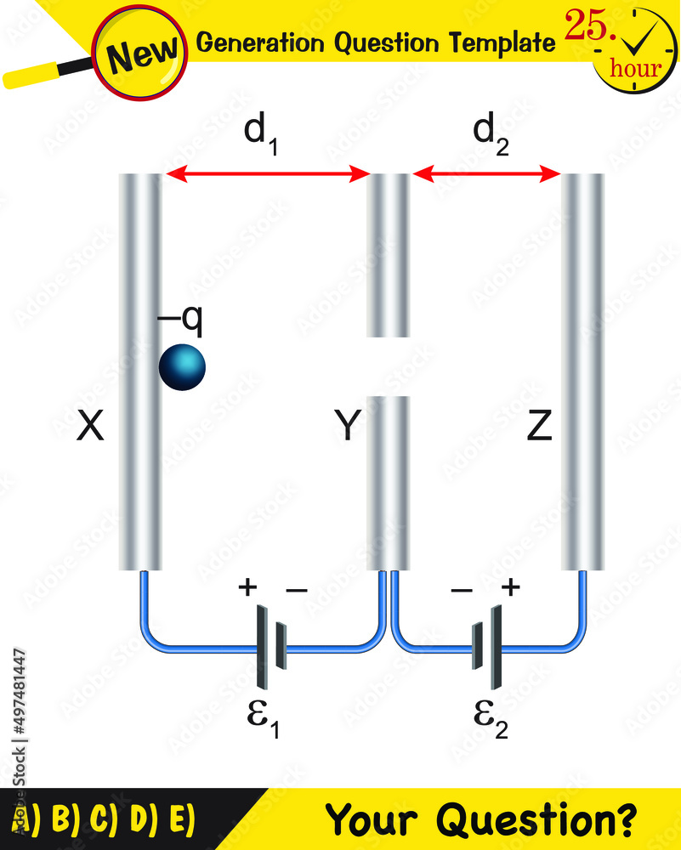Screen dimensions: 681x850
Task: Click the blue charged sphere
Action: click(182, 366)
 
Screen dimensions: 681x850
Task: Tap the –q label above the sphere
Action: click(180, 321)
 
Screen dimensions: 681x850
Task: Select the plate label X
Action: click(90, 428)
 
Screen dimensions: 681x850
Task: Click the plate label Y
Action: click(346, 428)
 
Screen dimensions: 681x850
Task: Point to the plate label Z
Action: click(539, 428)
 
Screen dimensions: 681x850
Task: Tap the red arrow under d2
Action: click(485, 175)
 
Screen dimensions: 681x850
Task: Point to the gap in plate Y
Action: click(388, 366)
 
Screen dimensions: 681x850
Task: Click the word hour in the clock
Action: click(634, 67)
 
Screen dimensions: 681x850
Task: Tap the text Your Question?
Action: click(481, 819)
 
